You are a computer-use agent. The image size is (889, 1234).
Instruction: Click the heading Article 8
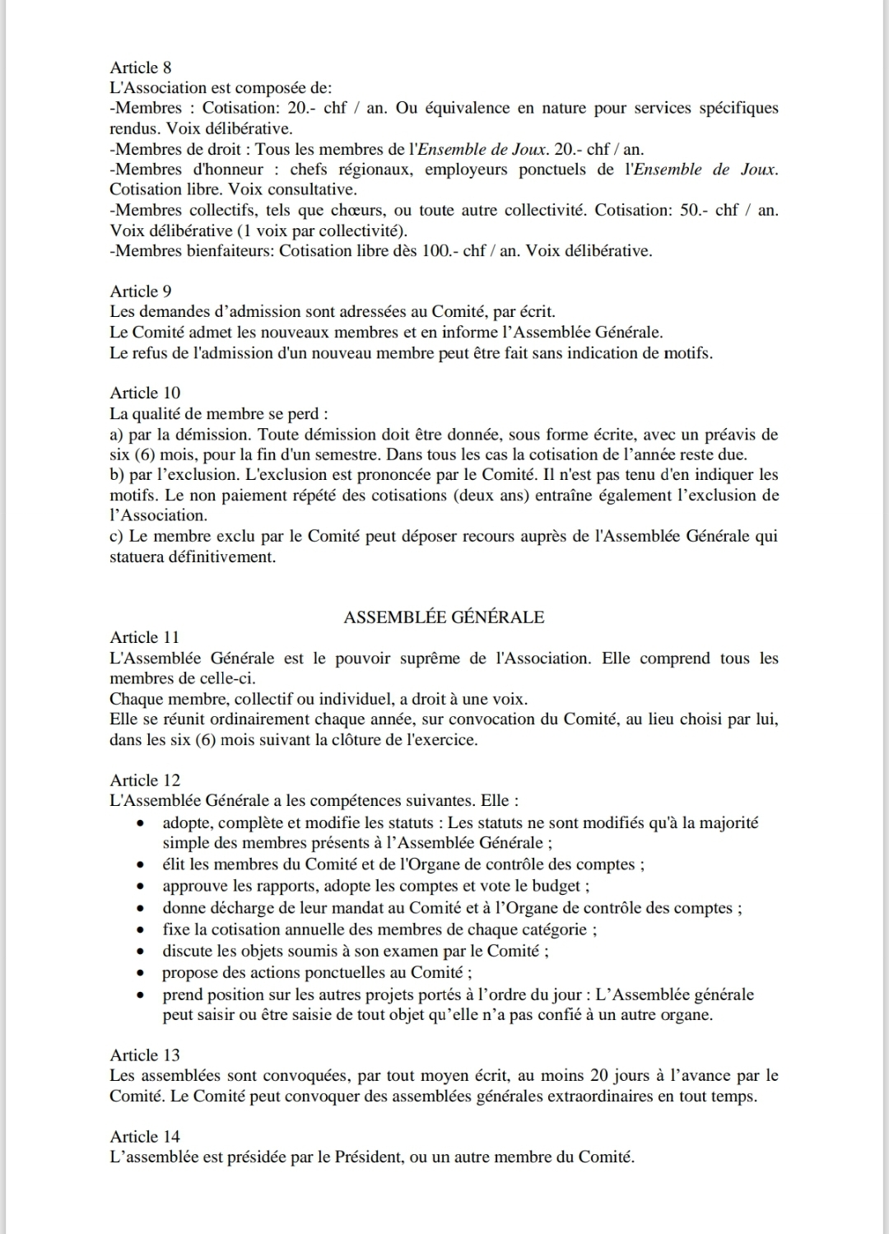(141, 68)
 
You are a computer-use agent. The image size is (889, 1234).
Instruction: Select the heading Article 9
(141, 291)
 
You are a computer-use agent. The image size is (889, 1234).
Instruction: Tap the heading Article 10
(145, 393)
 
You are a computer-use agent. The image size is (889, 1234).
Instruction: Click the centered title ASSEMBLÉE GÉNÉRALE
(444, 617)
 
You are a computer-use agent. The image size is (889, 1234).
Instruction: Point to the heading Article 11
(145, 637)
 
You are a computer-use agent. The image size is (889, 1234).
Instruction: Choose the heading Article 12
(145, 780)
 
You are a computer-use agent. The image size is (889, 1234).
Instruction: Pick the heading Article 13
(145, 1055)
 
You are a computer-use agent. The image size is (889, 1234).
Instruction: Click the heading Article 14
(145, 1136)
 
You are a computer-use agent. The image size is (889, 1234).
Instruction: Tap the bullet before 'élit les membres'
(143, 865)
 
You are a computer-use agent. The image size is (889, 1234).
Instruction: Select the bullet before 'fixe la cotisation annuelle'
(143, 930)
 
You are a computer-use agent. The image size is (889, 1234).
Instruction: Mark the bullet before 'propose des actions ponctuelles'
(143, 973)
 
